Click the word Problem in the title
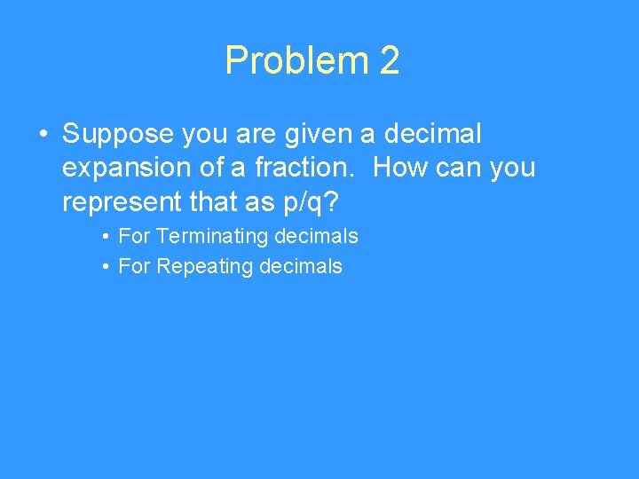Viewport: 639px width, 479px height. click(x=296, y=61)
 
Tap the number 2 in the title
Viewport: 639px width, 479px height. click(x=390, y=61)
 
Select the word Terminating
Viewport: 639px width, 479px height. click(x=212, y=237)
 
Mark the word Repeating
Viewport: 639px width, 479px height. click(x=204, y=267)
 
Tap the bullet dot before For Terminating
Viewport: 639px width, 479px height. click(x=105, y=237)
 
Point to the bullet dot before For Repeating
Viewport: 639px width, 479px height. click(x=105, y=267)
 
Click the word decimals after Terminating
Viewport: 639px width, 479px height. click(x=316, y=237)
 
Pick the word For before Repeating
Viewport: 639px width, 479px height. click(x=134, y=267)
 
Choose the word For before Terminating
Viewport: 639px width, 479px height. click(x=134, y=237)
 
